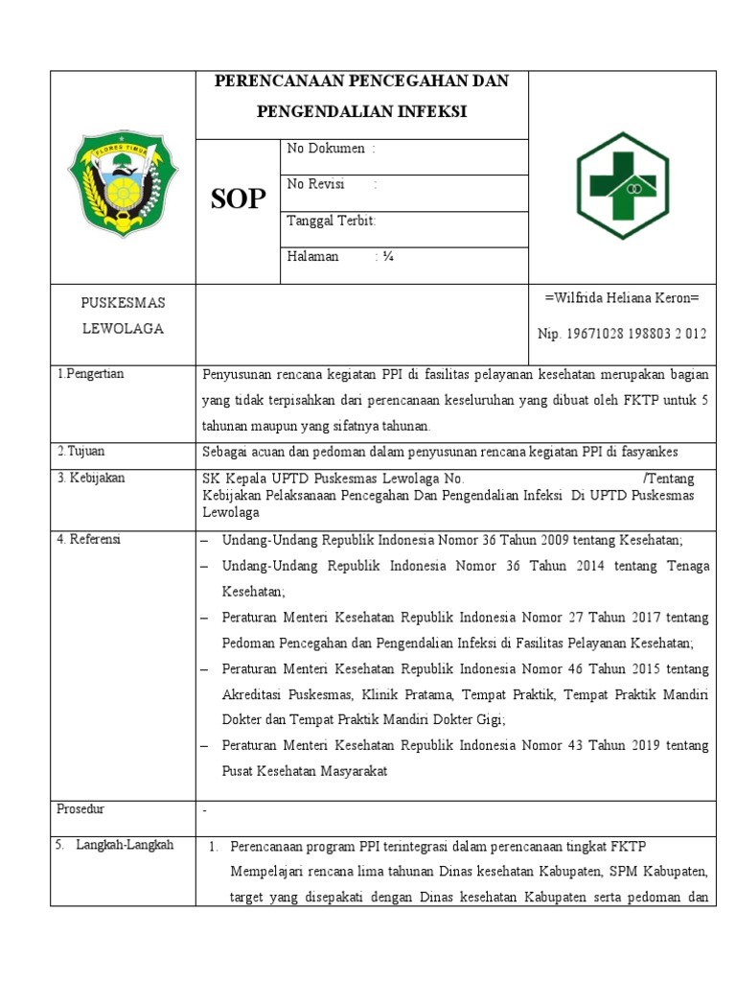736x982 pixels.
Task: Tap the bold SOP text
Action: (238, 199)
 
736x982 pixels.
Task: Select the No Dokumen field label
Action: (326, 149)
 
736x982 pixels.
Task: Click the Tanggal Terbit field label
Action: (331, 221)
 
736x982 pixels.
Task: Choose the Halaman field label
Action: (312, 256)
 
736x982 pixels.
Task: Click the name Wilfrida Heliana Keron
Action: (622, 298)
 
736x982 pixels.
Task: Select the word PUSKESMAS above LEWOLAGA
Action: (122, 303)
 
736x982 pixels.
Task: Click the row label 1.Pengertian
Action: (90, 374)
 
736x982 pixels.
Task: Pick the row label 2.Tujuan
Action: (80, 451)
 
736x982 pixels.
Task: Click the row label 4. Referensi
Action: (88, 539)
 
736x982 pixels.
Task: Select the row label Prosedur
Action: (79, 809)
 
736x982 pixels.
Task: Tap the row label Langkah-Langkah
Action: (125, 845)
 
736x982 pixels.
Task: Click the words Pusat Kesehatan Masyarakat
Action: (305, 772)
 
